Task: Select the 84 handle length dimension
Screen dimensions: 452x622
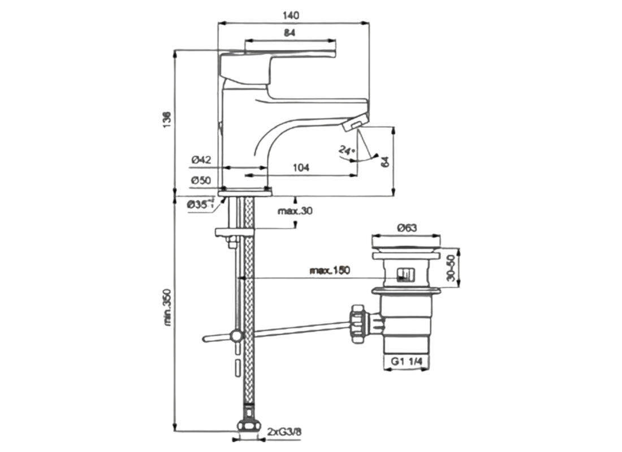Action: pyautogui.click(x=289, y=33)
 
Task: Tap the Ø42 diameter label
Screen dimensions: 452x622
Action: pyautogui.click(x=201, y=160)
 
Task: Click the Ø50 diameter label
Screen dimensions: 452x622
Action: pyautogui.click(x=201, y=181)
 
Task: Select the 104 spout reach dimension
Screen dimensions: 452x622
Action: pyautogui.click(x=301, y=167)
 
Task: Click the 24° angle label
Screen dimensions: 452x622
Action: pyautogui.click(x=346, y=150)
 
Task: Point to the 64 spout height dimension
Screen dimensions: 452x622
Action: pyautogui.click(x=385, y=161)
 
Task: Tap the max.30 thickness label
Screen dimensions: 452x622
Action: pyautogui.click(x=295, y=211)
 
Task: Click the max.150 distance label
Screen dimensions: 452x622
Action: pyautogui.click(x=330, y=270)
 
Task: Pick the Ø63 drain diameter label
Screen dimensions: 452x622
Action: pyautogui.click(x=407, y=228)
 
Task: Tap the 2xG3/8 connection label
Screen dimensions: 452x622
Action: pyautogui.click(x=284, y=432)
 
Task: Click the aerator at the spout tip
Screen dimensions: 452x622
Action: pyautogui.click(x=355, y=124)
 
